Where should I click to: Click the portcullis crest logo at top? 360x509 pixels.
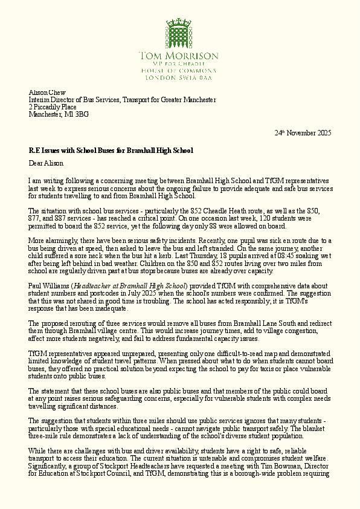[179, 34]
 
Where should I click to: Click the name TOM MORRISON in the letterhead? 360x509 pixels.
[179, 56]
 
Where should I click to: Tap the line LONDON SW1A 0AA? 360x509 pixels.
[179, 78]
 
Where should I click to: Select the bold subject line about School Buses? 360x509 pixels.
[111, 151]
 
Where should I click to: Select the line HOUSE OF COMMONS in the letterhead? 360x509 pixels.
[179, 71]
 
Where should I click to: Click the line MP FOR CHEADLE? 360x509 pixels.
[179, 63]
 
